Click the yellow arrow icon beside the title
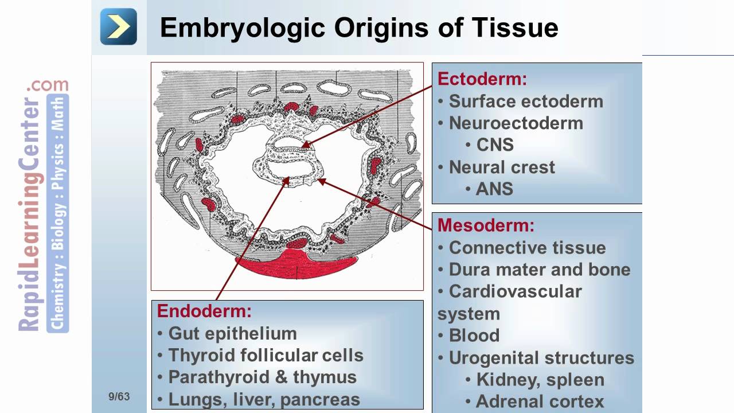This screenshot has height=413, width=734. tap(119, 26)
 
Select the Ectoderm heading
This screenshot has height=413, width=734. tap(482, 79)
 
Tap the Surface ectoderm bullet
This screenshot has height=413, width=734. tap(526, 101)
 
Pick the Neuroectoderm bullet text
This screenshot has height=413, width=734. tap(516, 123)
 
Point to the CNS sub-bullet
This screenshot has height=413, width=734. tap(495, 145)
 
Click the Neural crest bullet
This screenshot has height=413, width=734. tap(502, 167)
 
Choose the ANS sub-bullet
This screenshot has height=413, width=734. tap(494, 189)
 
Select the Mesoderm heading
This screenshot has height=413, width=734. tap(486, 225)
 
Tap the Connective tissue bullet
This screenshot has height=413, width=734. tap(527, 247)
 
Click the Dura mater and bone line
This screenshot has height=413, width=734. tap(540, 269)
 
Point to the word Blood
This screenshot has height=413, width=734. tap(474, 335)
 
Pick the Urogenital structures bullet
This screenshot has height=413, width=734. tap(541, 357)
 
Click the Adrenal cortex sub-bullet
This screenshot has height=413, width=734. tap(540, 401)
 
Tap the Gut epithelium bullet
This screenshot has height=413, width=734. tap(232, 333)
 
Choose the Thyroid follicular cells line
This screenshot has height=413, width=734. tap(266, 355)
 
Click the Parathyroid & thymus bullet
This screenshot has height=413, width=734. tap(262, 377)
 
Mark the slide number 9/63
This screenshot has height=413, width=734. tap(119, 396)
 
